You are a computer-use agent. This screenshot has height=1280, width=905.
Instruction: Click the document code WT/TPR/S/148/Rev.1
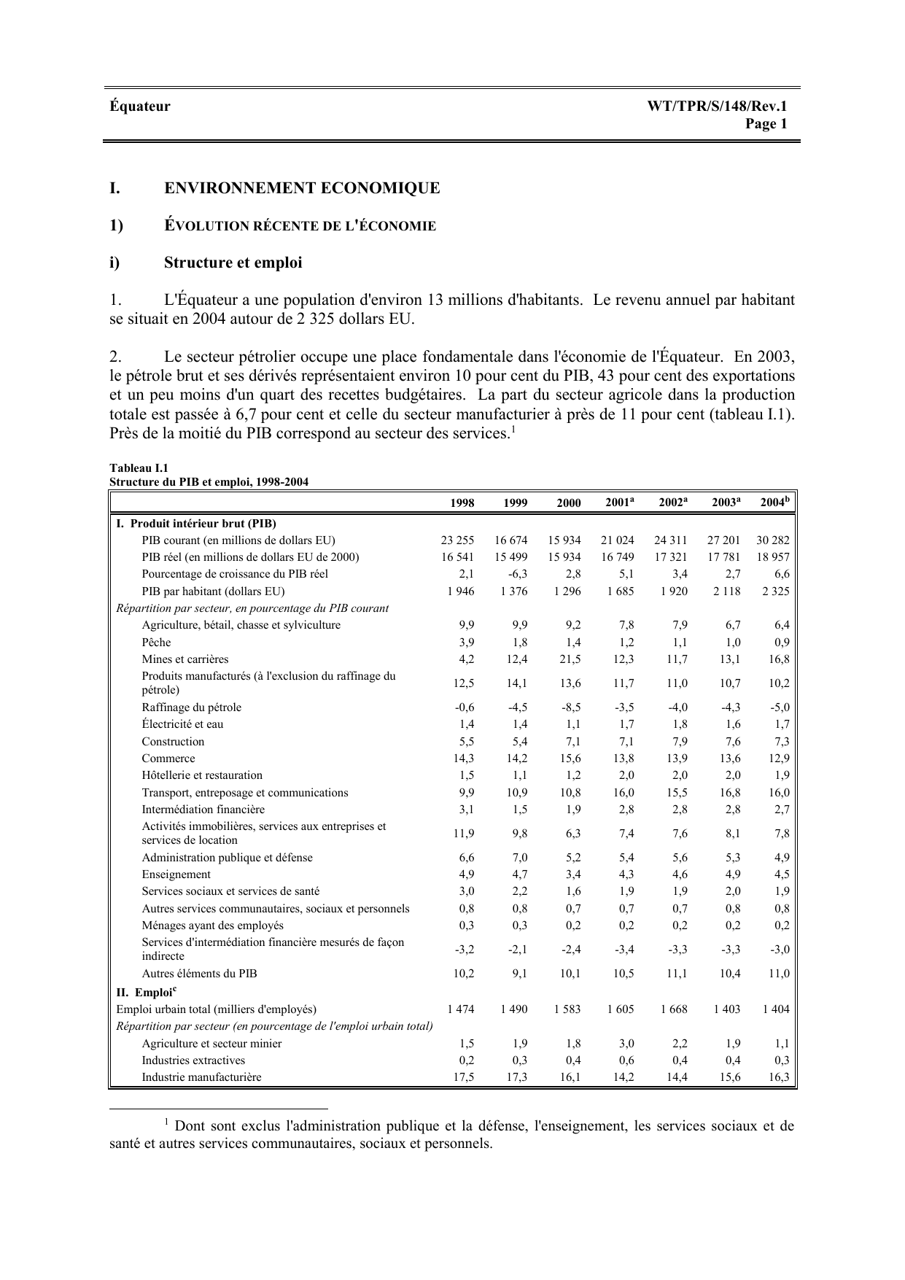pyautogui.click(x=717, y=106)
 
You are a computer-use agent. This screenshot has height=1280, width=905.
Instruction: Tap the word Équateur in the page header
pyautogui.click(x=140, y=106)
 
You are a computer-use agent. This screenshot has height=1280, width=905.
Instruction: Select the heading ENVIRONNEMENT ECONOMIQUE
pyautogui.click(x=302, y=188)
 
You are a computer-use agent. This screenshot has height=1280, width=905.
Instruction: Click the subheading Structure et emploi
pyautogui.click(x=233, y=263)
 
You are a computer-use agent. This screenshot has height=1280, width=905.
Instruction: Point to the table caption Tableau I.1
pyautogui.click(x=139, y=468)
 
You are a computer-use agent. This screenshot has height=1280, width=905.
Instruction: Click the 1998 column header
pyautogui.click(x=462, y=503)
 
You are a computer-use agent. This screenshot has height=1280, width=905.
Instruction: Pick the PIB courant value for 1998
pyautogui.click(x=457, y=540)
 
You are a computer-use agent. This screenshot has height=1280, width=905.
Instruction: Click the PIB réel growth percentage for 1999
pyautogui.click(x=517, y=574)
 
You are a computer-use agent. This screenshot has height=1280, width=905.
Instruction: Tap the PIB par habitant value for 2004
pyautogui.click(x=775, y=591)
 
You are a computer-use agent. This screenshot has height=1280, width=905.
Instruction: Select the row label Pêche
pyautogui.click(x=156, y=643)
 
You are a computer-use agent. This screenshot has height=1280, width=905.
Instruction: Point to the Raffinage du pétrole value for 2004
pyautogui.click(x=779, y=707)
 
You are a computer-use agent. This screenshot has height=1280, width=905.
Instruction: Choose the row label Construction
pyautogui.click(x=173, y=742)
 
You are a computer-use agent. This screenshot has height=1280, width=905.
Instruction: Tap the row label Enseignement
pyautogui.click(x=176, y=874)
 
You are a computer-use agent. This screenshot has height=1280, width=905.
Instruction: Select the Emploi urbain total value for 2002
pyautogui.click(x=674, y=1009)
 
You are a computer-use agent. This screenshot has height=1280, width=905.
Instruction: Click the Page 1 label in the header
pyautogui.click(x=766, y=124)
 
